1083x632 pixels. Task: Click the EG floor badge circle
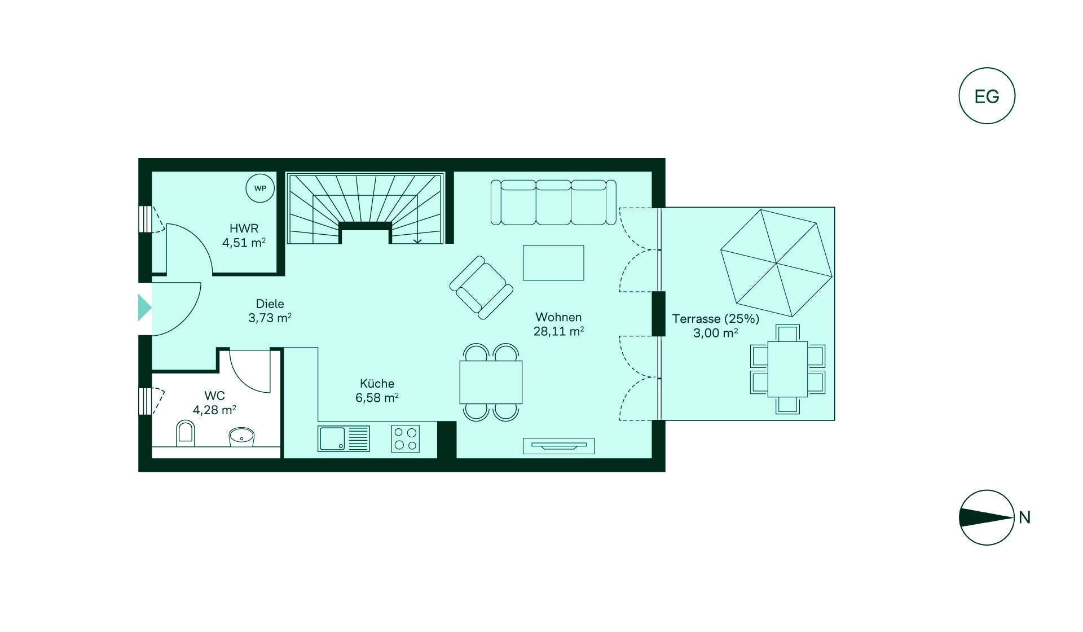click(x=987, y=96)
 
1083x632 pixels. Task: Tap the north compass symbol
click(x=987, y=517)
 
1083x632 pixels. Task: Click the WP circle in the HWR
click(x=260, y=188)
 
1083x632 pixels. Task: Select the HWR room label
click(x=244, y=229)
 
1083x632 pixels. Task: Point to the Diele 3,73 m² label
click(x=270, y=311)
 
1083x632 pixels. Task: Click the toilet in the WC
click(x=185, y=433)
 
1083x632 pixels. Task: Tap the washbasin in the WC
click(x=242, y=436)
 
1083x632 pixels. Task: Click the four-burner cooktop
click(x=406, y=438)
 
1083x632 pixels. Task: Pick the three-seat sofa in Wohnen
click(x=553, y=202)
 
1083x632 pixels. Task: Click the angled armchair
click(x=482, y=287)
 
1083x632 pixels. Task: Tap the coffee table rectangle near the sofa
click(x=553, y=262)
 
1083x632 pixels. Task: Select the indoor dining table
click(x=491, y=382)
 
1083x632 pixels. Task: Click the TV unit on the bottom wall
click(x=558, y=446)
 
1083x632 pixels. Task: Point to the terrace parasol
click(x=777, y=263)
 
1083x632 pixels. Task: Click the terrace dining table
click(x=787, y=369)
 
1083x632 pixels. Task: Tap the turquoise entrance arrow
click(x=144, y=308)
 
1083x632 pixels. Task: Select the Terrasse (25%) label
click(x=715, y=319)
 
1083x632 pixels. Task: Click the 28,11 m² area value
click(x=558, y=332)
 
